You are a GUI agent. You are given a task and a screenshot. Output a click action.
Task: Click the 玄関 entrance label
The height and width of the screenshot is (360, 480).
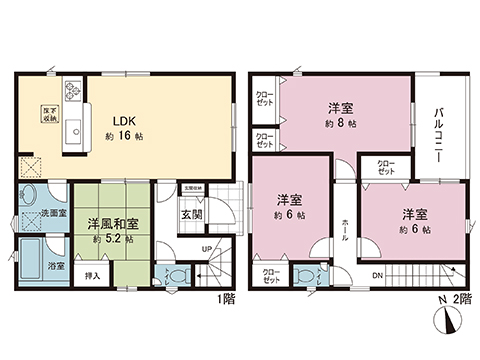click(190, 213)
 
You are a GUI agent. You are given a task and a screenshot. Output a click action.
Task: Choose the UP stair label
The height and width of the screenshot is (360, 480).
click(206, 249)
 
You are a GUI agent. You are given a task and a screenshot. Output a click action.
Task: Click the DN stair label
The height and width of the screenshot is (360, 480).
click(376, 275)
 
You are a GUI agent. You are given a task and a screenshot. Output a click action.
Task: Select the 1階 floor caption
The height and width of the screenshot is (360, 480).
click(229, 297)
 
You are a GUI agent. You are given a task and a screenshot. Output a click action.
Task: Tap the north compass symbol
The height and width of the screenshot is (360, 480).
click(444, 320)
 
